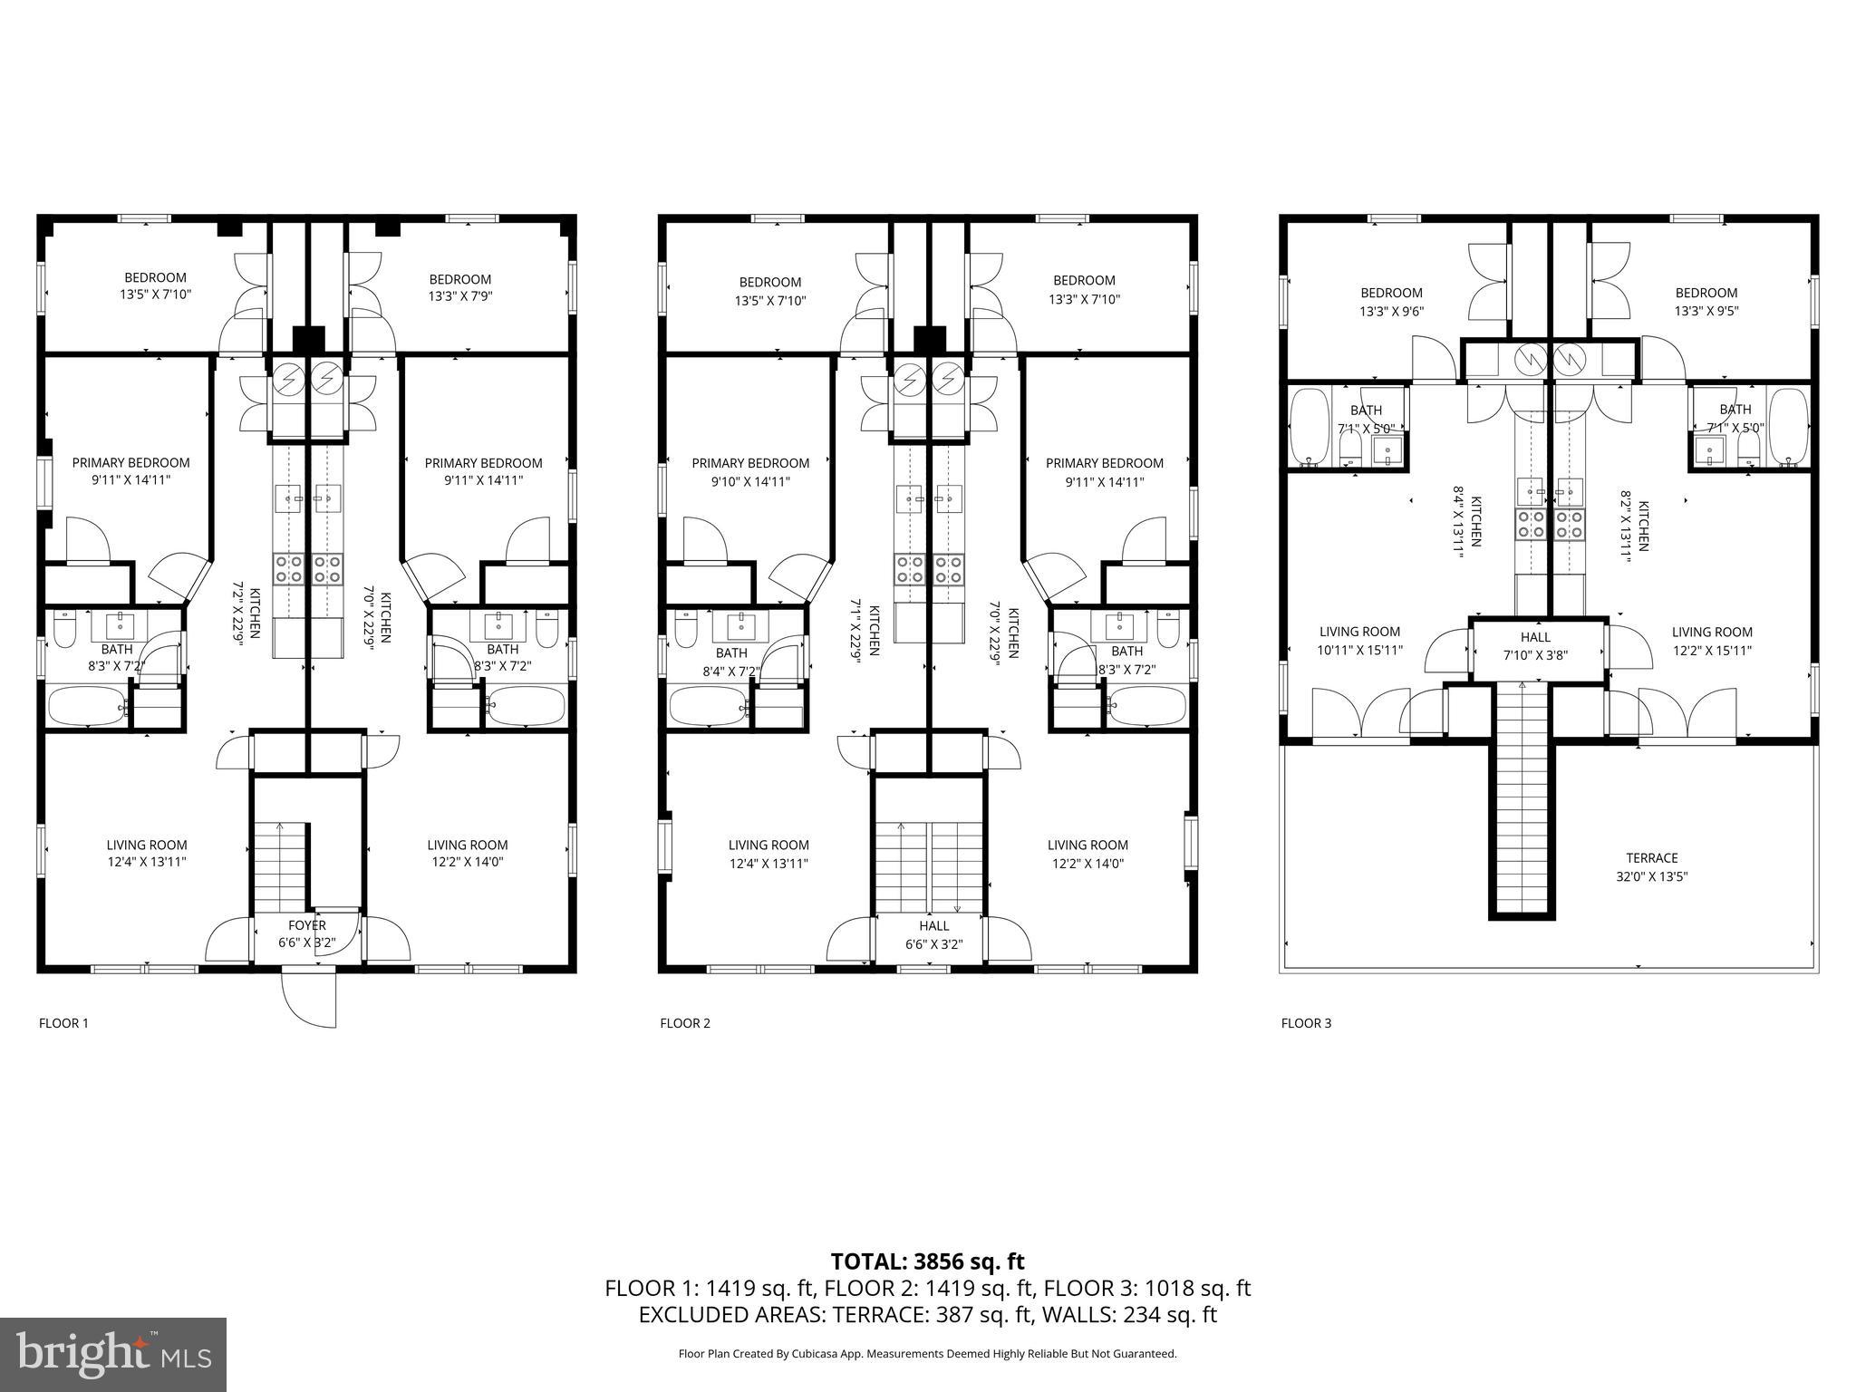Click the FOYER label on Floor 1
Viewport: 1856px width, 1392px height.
point(307,925)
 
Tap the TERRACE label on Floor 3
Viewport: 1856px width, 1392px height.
point(1651,857)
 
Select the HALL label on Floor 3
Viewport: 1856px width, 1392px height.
point(1535,637)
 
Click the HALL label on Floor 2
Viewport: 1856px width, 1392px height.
point(933,925)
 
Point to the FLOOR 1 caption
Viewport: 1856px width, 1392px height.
point(63,1023)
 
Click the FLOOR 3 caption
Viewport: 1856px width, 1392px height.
point(1306,1023)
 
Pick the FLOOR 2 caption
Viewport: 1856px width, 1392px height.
point(685,1023)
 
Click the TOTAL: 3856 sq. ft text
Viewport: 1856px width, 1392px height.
point(927,1261)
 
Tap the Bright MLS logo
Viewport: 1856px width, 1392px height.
point(113,1355)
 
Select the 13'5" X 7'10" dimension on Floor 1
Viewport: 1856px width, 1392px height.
point(155,295)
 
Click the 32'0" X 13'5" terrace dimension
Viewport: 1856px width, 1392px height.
point(1651,876)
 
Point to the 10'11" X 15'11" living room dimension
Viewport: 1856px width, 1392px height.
point(1359,650)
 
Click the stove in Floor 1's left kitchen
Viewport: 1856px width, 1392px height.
point(290,568)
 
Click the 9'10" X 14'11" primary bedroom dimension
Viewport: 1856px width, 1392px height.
point(750,482)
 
